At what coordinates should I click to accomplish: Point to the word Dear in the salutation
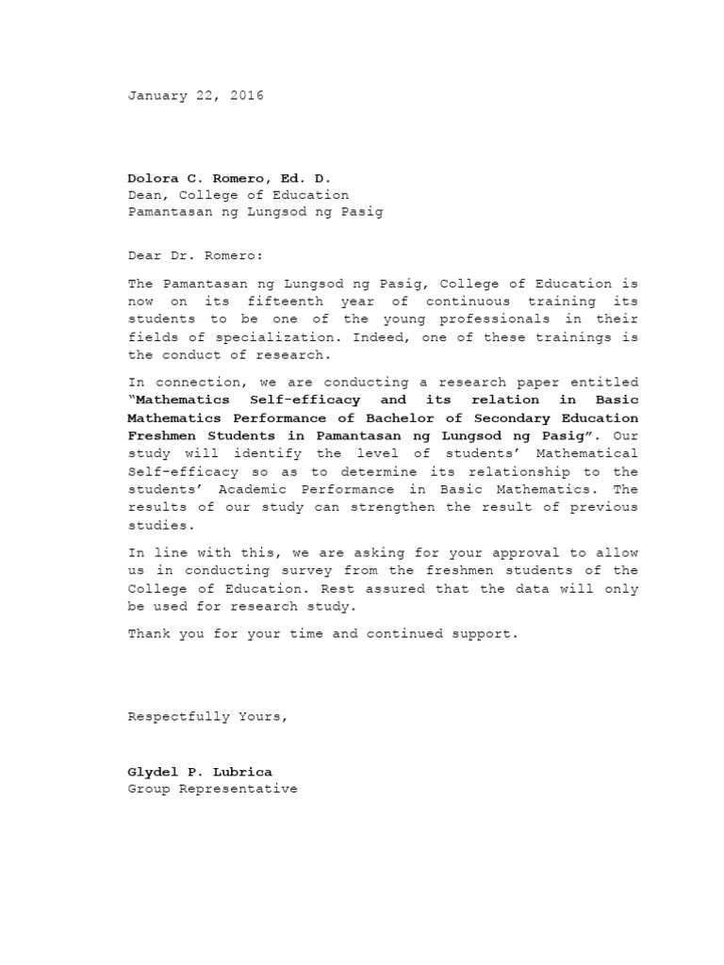tap(144, 254)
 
